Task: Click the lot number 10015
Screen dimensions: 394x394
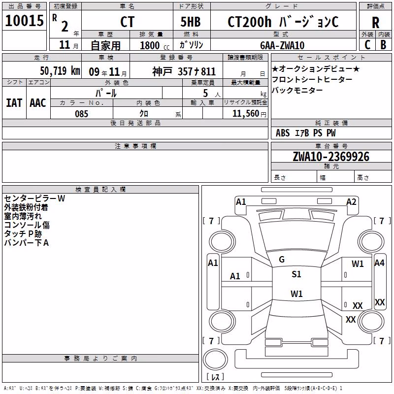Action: point(24,21)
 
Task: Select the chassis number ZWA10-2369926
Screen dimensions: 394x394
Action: point(331,157)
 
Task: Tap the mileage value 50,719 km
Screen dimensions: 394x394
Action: point(60,70)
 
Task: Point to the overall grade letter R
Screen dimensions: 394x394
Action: point(375,23)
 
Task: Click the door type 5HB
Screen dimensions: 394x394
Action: point(191,22)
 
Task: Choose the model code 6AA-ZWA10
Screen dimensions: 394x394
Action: point(282,45)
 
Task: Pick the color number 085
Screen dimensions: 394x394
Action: point(81,114)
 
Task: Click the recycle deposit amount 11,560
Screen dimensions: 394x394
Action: point(246,114)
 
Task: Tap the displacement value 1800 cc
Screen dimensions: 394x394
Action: point(155,45)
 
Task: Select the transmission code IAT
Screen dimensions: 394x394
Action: point(14,103)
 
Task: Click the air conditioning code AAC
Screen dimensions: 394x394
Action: point(38,103)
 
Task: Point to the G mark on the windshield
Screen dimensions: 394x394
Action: point(282,260)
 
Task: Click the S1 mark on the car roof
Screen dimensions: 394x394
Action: point(296,274)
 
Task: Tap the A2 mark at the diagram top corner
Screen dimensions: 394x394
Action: point(351,202)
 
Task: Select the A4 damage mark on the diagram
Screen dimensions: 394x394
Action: point(379,263)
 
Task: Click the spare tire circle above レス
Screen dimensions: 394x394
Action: point(215,360)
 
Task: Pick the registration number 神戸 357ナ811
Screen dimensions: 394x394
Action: point(184,71)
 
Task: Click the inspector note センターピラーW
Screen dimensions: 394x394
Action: point(34,198)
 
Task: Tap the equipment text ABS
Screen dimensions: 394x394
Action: point(283,133)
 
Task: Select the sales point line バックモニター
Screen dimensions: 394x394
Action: point(297,90)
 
